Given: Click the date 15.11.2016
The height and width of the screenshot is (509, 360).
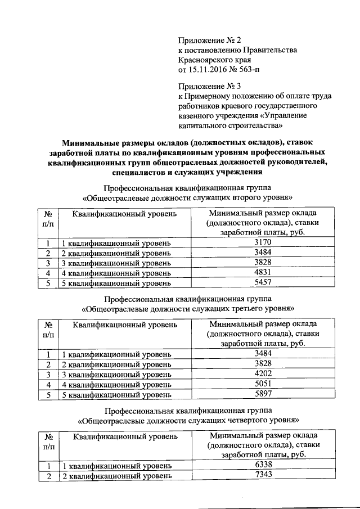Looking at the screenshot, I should [208, 70].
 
